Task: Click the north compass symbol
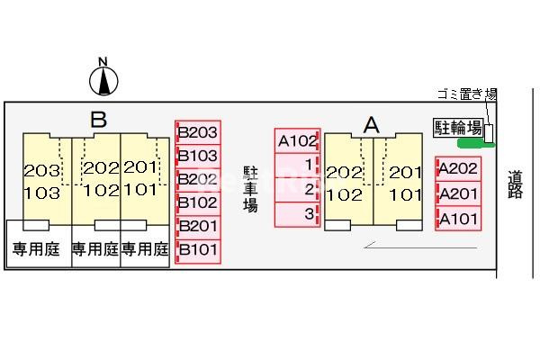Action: [103, 79]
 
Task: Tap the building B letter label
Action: [99, 119]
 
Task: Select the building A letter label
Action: [371, 125]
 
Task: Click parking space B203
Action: [197, 133]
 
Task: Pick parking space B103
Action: [197, 156]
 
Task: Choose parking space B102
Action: [197, 202]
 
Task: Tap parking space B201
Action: [197, 226]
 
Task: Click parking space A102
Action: [297, 140]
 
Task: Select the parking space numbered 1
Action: [299, 166]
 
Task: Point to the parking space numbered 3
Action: [299, 214]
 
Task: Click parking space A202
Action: [457, 168]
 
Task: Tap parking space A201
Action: [457, 193]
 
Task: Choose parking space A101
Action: [457, 218]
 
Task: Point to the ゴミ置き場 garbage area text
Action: [467, 94]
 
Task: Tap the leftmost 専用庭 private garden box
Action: [36, 249]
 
